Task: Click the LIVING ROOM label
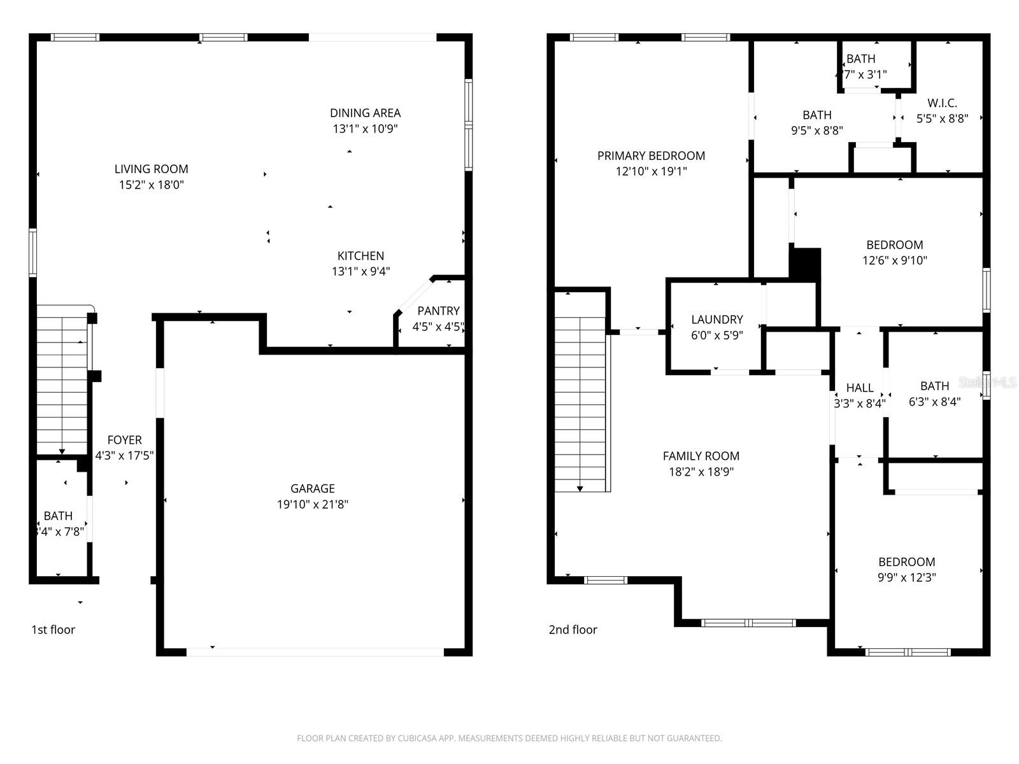click(x=151, y=169)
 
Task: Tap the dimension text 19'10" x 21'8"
click(x=312, y=504)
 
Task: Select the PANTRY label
click(x=438, y=311)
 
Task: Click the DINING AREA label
click(x=365, y=113)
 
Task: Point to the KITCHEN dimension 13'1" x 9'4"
click(x=360, y=271)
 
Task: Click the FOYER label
click(x=124, y=440)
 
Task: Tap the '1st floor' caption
click(x=53, y=630)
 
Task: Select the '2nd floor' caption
click(x=573, y=630)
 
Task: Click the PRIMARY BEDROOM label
click(x=651, y=155)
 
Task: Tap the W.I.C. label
click(x=942, y=103)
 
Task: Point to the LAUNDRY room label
click(x=717, y=319)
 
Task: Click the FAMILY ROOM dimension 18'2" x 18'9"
click(x=701, y=472)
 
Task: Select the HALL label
click(x=859, y=387)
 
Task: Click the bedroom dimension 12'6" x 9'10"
click(x=894, y=260)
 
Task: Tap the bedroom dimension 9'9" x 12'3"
click(x=906, y=577)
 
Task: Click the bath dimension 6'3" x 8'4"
click(x=934, y=402)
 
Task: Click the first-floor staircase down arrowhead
click(x=62, y=451)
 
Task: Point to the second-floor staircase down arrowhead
click(x=580, y=488)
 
